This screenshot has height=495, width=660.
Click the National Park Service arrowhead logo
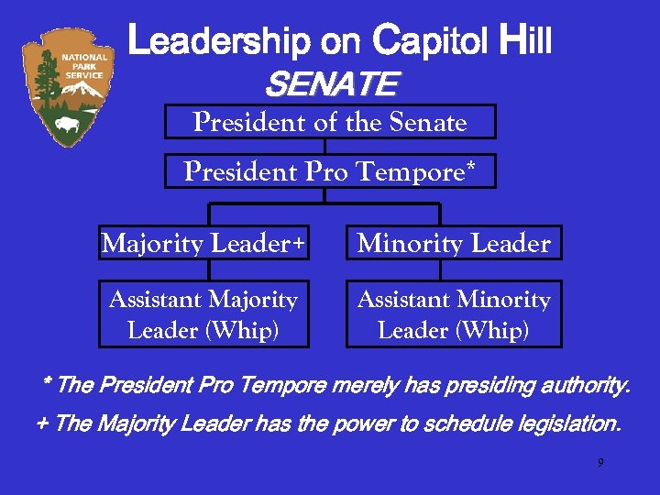(x=71, y=87)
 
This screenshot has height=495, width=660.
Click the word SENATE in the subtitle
(x=330, y=86)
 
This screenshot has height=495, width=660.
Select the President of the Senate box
(x=330, y=122)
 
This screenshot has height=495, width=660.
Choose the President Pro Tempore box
(x=330, y=171)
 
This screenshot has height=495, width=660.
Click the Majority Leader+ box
(x=203, y=243)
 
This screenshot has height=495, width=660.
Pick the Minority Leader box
(x=454, y=243)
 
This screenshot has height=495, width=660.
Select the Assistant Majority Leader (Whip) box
(x=203, y=314)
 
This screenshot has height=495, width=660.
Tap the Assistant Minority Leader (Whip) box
(x=454, y=314)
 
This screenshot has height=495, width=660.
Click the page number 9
(x=600, y=463)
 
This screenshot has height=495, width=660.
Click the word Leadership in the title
(x=220, y=42)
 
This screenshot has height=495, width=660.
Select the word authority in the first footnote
(x=583, y=385)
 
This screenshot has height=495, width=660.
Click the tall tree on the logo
(x=42, y=78)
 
